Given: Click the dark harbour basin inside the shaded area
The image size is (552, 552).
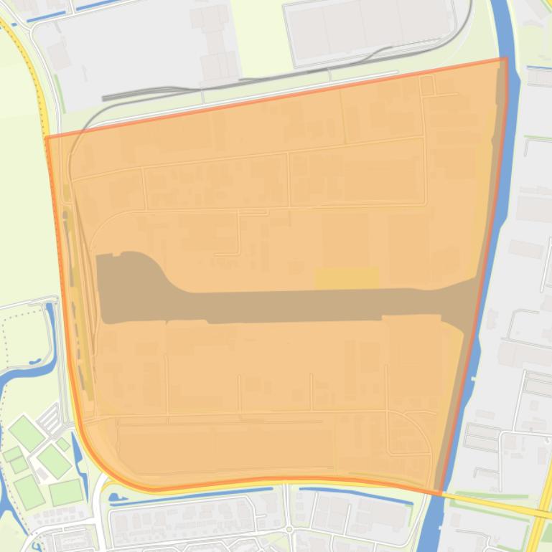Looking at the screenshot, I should pos(287,304).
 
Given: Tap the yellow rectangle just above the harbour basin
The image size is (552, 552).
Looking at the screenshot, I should pos(346,277).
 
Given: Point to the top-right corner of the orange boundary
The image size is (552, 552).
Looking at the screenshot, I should pos(506,59).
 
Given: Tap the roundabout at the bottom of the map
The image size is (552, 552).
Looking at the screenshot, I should pos(289,530).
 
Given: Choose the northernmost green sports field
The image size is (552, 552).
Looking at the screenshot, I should pos(27,433).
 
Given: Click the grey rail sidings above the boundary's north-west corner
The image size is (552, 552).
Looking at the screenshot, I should pos(144,93).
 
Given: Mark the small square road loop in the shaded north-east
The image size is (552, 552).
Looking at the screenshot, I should pos(427,85).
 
